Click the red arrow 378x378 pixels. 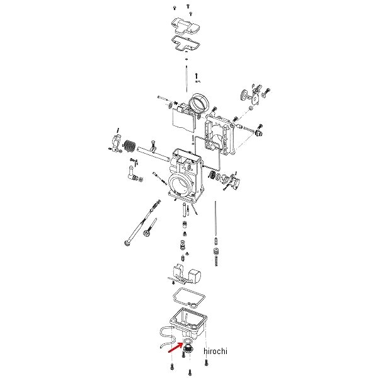pyautogui.click(x=175, y=347)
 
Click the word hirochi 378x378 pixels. pyautogui.click(x=215, y=351)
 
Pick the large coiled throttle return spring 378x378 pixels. pyautogui.click(x=129, y=146)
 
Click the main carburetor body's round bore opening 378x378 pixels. pyautogui.click(x=178, y=184)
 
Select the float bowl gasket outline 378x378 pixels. pyautogui.click(x=189, y=298)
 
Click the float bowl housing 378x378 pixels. pyautogui.click(x=188, y=323)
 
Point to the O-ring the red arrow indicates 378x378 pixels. pyautogui.click(x=187, y=341)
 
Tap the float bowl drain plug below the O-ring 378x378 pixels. pyautogui.click(x=187, y=348)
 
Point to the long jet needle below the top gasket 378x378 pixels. pyautogui.click(x=186, y=79)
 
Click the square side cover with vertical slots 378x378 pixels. pyautogui.click(x=220, y=135)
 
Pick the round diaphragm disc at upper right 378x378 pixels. pyautogui.click(x=245, y=94)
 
